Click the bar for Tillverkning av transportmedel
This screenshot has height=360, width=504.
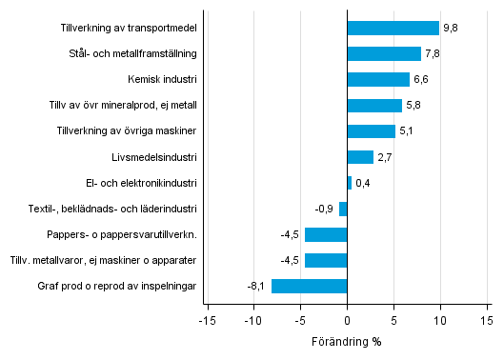pos(393,28)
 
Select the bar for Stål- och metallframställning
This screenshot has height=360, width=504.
pos(383,53)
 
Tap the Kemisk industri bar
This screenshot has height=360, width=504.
pos(377,79)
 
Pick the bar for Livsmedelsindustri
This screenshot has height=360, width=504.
pos(359,157)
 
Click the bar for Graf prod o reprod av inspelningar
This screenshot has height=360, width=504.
pos(309,286)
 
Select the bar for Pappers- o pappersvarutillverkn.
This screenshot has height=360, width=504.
pos(325,234)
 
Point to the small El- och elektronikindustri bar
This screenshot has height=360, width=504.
pos(349,183)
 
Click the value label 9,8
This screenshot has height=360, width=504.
pos(450,29)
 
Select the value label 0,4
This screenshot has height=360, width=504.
pos(362,183)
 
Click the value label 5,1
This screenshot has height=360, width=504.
pos(406,131)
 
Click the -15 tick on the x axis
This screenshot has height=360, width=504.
pos(206,321)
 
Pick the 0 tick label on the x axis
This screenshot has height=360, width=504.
pos(347,321)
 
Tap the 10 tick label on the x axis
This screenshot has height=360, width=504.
pos(440,321)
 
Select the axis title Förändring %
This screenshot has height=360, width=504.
pos(346,341)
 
